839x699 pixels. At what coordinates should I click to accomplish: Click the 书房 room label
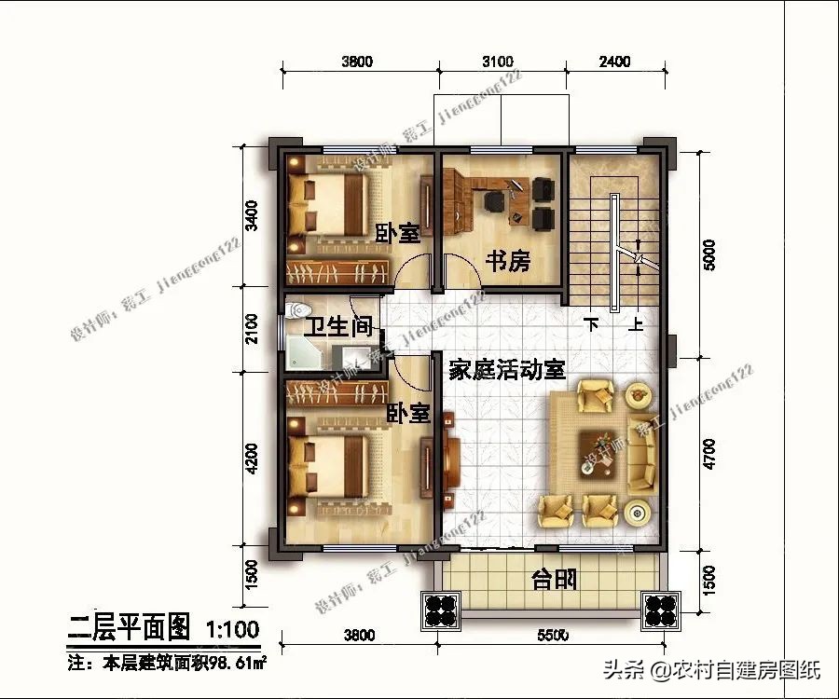point(507,262)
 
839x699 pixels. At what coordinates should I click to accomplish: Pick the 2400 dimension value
point(613,62)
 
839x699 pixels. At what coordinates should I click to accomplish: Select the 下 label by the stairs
point(591,325)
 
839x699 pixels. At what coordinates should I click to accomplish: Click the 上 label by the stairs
point(637,325)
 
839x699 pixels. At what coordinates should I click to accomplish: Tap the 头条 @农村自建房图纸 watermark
point(711,669)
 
